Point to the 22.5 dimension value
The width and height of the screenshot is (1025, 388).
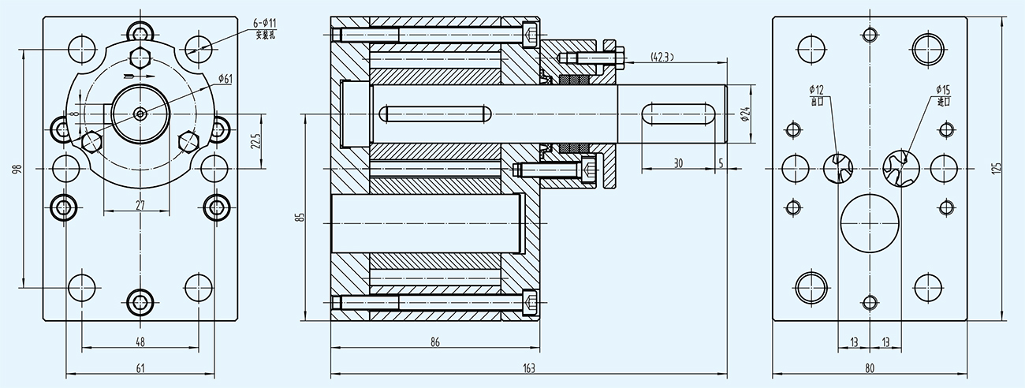[255, 141]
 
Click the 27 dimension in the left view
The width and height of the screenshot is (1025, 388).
[140, 205]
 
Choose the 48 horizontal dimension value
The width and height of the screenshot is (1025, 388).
[140, 342]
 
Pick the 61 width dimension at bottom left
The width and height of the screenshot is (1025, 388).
[140, 367]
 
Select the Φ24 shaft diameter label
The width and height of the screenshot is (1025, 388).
[744, 114]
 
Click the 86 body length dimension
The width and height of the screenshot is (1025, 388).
[434, 342]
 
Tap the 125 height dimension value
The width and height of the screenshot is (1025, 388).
[997, 168]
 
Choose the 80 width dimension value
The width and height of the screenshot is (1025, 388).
[869, 367]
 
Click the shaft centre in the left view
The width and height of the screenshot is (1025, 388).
[140, 114]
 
